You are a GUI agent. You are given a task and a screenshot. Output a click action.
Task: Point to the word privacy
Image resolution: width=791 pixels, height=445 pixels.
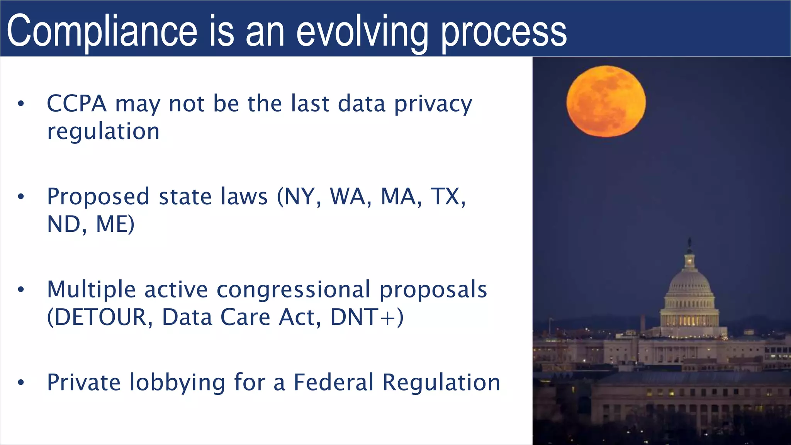click(x=433, y=104)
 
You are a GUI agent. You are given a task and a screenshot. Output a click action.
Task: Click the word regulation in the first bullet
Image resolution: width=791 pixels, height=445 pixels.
click(x=103, y=132)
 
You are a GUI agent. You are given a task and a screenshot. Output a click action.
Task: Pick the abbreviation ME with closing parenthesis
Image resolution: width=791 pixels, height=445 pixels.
click(x=115, y=224)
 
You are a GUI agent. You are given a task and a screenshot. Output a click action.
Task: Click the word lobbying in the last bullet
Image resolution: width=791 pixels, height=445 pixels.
click(x=177, y=383)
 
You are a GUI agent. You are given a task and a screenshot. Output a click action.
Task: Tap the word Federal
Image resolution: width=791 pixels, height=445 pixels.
click(x=333, y=382)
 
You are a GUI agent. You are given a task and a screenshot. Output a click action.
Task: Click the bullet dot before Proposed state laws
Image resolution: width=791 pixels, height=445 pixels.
click(x=21, y=197)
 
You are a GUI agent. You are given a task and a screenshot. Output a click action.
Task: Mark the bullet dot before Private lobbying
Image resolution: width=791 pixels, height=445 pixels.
click(x=21, y=383)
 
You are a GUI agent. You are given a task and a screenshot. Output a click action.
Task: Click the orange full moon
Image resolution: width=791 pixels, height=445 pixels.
click(x=606, y=101)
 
